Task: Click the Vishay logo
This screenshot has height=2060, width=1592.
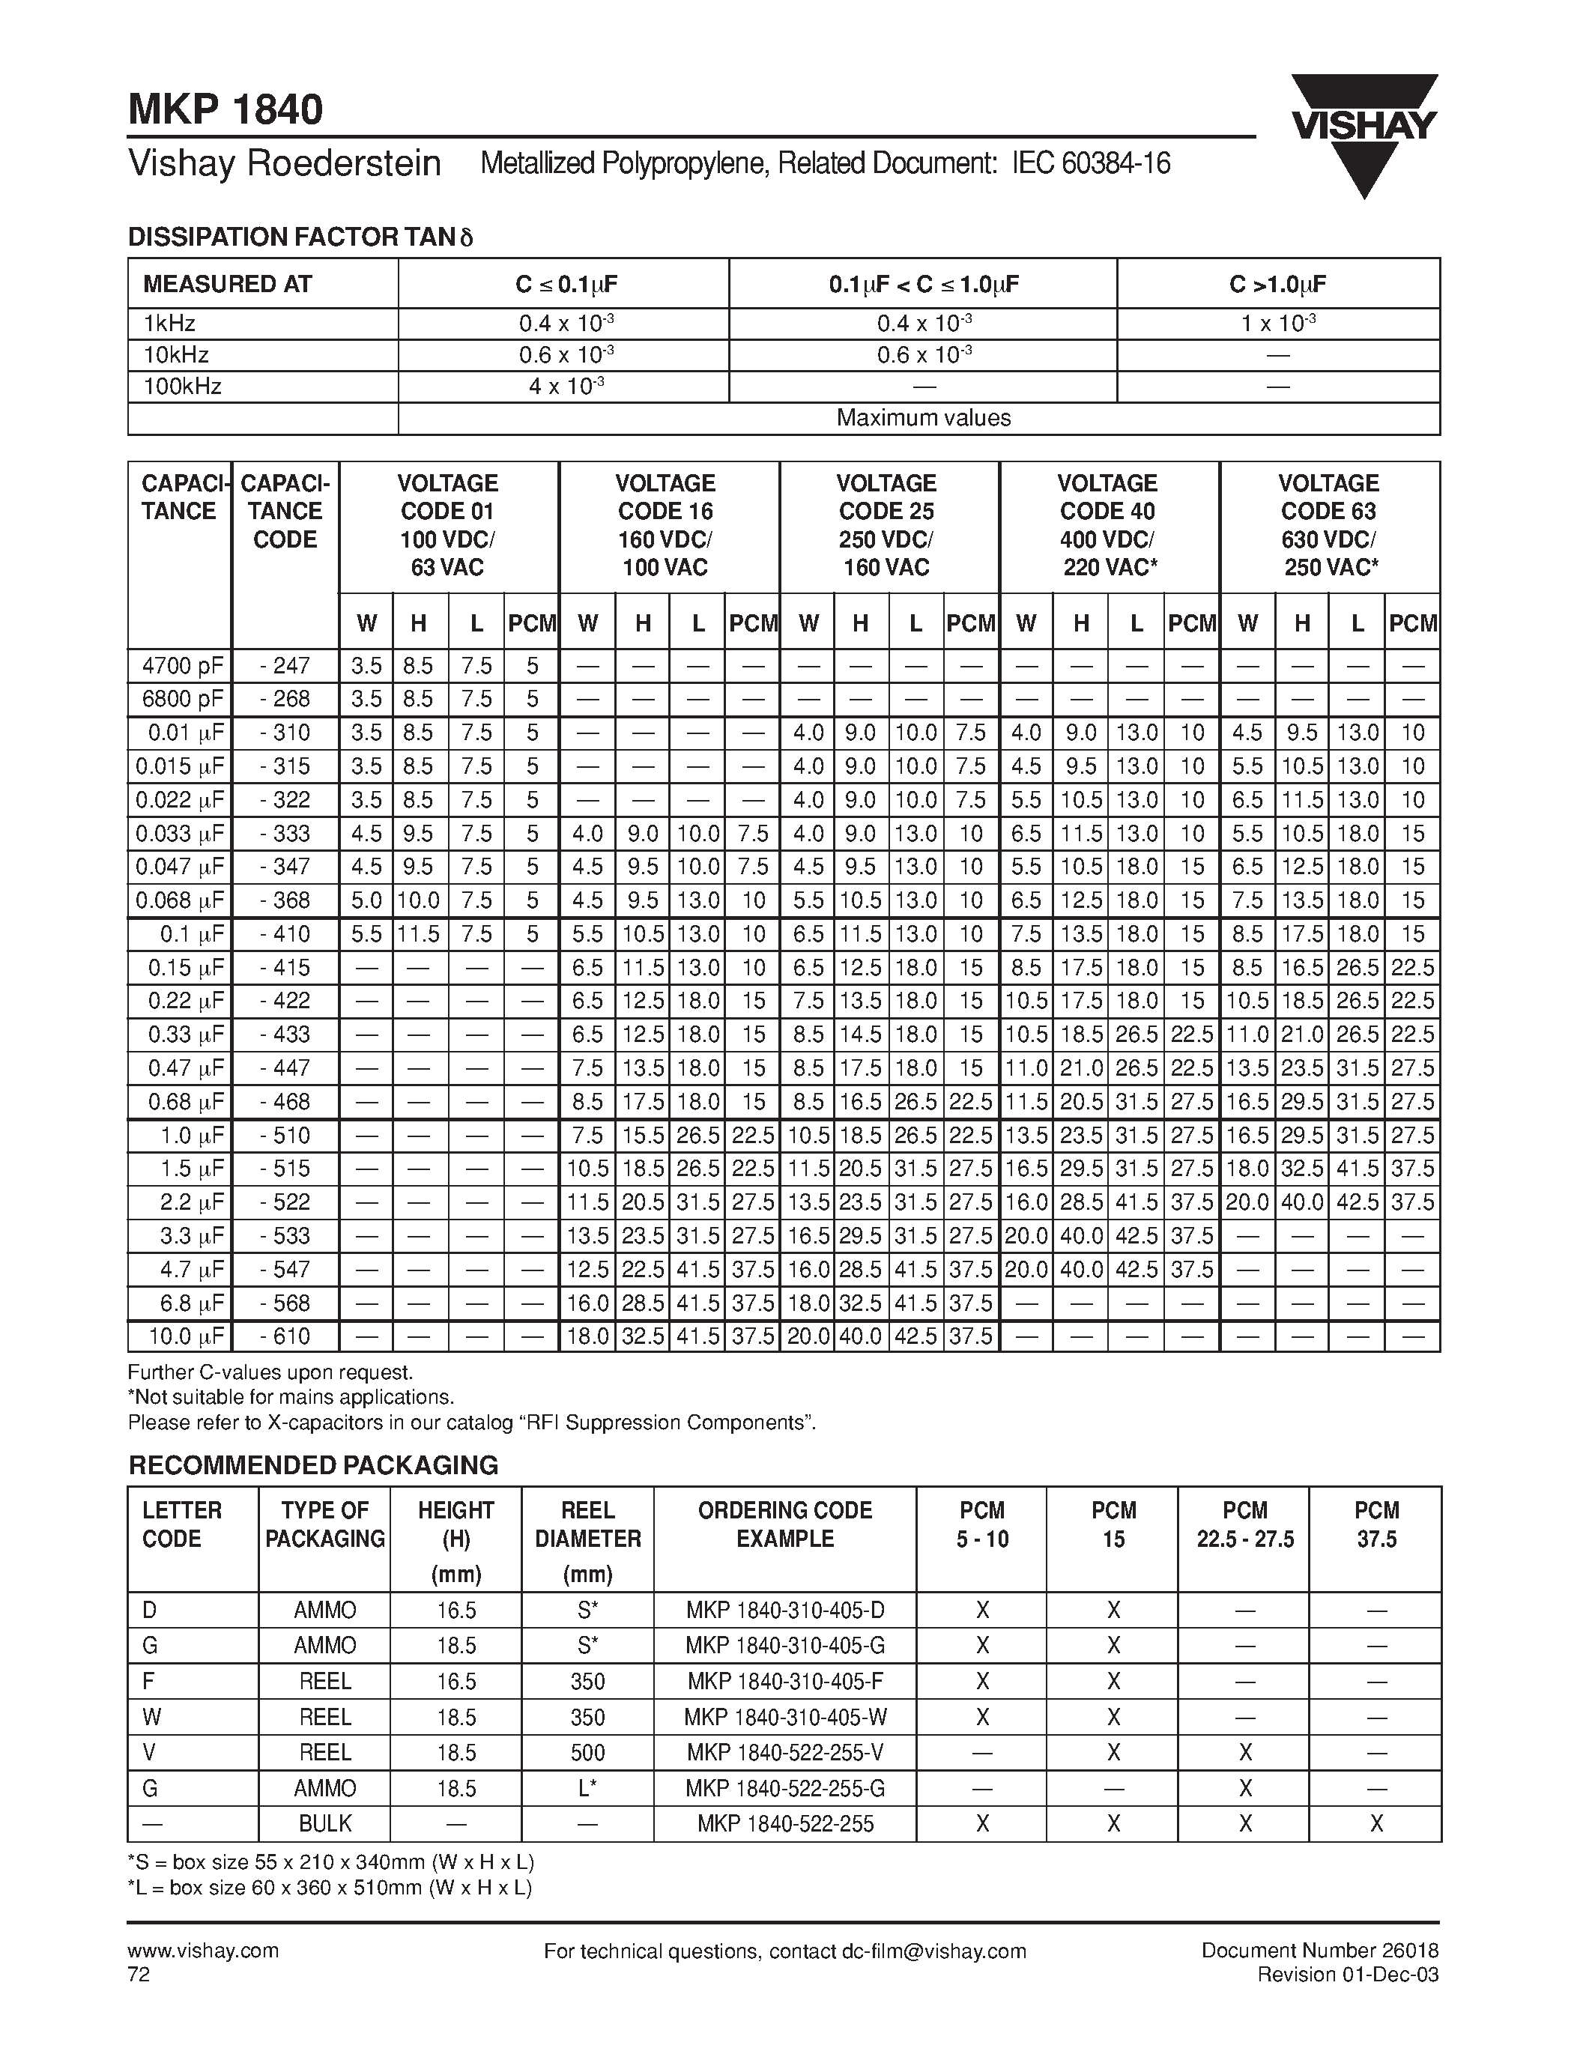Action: pyautogui.click(x=1364, y=132)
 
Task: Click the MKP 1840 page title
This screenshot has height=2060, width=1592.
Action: pyautogui.click(x=226, y=109)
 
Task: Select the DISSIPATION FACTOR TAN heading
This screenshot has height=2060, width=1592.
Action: pyautogui.click(x=300, y=237)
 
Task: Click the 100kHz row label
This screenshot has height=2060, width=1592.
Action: pyautogui.click(x=183, y=387)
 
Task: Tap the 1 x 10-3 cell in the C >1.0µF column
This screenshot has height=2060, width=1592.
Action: pyautogui.click(x=1278, y=324)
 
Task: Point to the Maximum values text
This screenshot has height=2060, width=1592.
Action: pyautogui.click(x=922, y=418)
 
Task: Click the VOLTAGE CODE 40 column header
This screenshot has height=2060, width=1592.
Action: pyautogui.click(x=1108, y=525)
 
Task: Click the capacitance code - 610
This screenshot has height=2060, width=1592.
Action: pyautogui.click(x=285, y=1336)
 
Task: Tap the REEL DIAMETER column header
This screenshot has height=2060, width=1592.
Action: pyautogui.click(x=587, y=1540)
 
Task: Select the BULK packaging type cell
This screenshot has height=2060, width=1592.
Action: pyautogui.click(x=324, y=1823)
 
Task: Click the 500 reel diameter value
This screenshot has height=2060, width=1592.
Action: pyautogui.click(x=587, y=1753)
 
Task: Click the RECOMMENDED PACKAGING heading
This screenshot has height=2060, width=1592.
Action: pyautogui.click(x=313, y=1464)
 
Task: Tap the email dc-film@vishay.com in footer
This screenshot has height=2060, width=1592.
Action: pyautogui.click(x=932, y=1951)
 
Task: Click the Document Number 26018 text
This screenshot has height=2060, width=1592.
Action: pyautogui.click(x=1319, y=1951)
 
